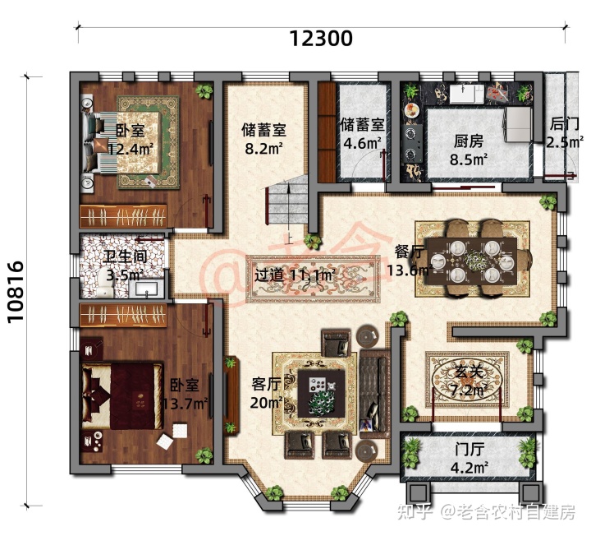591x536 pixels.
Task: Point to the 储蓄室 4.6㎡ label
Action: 361,133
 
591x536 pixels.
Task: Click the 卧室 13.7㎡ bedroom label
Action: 185,395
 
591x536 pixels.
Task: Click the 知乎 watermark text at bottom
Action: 414,512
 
